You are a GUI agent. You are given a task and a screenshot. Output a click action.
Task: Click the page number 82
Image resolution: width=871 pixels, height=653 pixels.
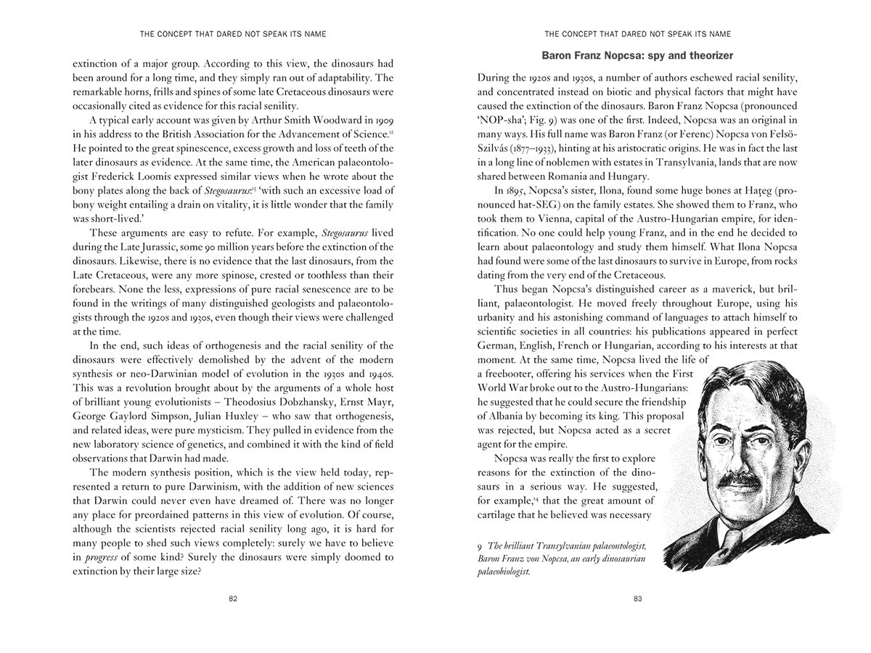click(232, 599)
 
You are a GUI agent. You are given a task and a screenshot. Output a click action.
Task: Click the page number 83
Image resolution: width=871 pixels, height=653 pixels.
click(638, 599)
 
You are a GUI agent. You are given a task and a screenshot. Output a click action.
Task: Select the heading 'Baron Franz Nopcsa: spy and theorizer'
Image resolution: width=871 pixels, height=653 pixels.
click(638, 56)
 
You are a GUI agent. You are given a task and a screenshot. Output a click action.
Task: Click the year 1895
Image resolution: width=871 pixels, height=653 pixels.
click(505, 191)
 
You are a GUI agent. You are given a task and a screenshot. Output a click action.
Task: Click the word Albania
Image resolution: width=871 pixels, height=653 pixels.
click(503, 416)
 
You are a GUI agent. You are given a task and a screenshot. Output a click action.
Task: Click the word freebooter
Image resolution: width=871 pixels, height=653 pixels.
click(520, 373)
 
